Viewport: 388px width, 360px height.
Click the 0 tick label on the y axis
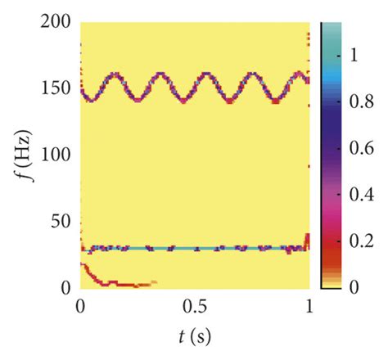click(65, 287)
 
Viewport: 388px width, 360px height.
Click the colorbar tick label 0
click(354, 288)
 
